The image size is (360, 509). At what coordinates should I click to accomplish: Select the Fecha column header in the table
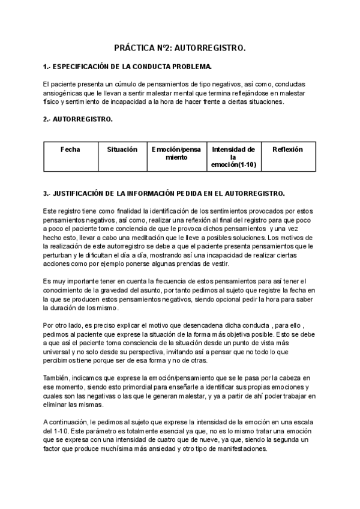(70, 149)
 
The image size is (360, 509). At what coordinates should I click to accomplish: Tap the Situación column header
(122, 149)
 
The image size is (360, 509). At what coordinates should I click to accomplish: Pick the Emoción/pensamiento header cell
(176, 153)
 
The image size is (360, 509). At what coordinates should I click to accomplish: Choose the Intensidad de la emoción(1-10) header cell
(233, 157)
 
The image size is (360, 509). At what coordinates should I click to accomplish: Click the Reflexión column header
(288, 149)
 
